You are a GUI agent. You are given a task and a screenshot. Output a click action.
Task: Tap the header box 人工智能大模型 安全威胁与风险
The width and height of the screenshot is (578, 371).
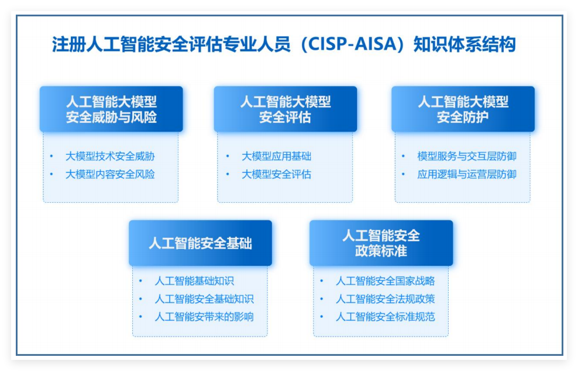(111, 109)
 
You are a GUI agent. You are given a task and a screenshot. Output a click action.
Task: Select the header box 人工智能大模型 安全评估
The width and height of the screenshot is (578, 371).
(285, 109)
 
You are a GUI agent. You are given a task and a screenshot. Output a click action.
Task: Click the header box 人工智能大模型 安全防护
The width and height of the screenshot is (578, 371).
(463, 109)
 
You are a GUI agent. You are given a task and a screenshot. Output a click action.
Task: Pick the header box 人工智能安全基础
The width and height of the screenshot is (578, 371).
(200, 243)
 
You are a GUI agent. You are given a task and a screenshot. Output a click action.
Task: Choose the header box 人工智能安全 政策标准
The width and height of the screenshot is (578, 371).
(381, 243)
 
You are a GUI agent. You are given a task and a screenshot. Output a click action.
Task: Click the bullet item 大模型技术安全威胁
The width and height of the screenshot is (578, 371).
(110, 157)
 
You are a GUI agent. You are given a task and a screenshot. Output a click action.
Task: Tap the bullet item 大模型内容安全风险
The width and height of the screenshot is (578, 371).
(110, 174)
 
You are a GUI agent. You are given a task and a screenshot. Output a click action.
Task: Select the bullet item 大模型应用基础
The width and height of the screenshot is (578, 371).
(276, 157)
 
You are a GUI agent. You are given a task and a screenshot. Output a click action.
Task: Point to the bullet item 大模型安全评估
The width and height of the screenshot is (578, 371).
(276, 174)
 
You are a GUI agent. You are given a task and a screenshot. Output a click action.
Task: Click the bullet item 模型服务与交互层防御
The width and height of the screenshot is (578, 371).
(467, 157)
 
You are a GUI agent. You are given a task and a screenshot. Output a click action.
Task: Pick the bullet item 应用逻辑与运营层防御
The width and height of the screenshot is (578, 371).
(467, 174)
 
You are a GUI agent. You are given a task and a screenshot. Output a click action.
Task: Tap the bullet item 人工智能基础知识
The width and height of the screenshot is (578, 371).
(194, 281)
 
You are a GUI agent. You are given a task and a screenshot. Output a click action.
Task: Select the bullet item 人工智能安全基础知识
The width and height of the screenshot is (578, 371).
(204, 299)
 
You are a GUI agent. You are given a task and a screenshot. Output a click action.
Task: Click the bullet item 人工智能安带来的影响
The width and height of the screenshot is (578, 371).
(204, 317)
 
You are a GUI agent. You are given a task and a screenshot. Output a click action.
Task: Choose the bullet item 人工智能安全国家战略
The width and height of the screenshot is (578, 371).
(385, 281)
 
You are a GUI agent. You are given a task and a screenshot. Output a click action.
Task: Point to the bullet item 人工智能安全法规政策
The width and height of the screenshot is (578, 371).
(385, 299)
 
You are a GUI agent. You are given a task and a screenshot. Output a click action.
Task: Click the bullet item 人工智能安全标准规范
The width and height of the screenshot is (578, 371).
(385, 317)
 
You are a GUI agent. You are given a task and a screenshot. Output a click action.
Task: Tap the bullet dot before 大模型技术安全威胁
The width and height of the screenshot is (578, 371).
(51, 157)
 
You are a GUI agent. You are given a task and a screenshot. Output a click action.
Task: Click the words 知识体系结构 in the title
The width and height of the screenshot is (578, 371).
(465, 44)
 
